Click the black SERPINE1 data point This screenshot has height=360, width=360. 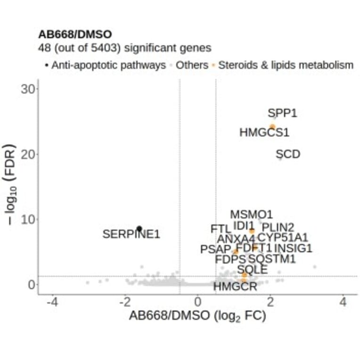click(x=139, y=229)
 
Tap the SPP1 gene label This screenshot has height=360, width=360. click(x=282, y=113)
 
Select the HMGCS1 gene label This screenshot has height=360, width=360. click(x=264, y=132)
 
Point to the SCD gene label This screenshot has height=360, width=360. click(x=287, y=154)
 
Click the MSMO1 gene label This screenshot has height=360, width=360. click(x=251, y=215)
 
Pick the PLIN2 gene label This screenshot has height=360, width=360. click(x=278, y=228)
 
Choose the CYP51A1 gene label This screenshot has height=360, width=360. click(x=283, y=237)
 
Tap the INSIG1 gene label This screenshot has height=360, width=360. click(x=293, y=248)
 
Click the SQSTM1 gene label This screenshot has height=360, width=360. click(x=272, y=259)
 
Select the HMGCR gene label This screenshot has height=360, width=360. click(x=235, y=286)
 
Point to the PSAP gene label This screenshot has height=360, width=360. click(x=215, y=249)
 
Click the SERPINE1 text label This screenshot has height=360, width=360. click(x=131, y=234)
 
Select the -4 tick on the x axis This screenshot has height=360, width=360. click(x=53, y=302)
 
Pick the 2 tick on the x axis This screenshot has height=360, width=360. click(x=270, y=302)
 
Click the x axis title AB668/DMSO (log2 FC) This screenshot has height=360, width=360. click(x=197, y=316)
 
